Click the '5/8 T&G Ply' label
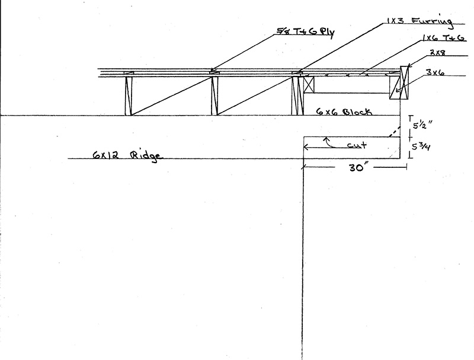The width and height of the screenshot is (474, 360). [306, 32]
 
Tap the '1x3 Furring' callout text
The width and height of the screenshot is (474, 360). [420, 21]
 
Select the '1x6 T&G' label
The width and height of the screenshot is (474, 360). [443, 38]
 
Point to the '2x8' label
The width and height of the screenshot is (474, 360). [437, 53]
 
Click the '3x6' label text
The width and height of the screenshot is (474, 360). [435, 72]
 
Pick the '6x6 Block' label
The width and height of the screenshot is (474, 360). [344, 111]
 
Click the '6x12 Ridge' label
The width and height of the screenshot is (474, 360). [127, 155]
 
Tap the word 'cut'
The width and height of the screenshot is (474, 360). [357, 145]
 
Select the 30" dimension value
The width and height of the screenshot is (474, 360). [357, 167]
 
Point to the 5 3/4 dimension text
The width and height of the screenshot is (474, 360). [421, 146]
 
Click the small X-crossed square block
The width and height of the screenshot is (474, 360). [309, 84]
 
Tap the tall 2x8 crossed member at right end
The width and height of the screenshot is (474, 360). [404, 82]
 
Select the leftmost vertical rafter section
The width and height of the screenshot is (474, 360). [128, 95]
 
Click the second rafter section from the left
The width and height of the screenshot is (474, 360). [214, 95]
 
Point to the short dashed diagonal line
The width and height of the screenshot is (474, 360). [393, 132]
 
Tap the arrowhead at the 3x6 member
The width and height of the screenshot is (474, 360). [396, 90]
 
